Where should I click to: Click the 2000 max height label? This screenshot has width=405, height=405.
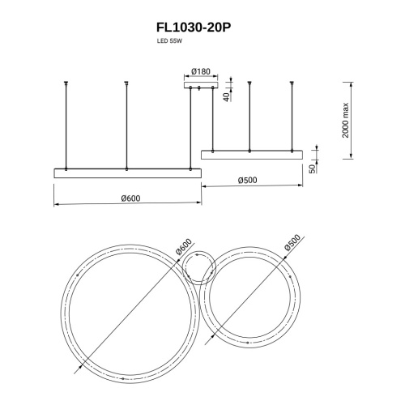pos(346,121)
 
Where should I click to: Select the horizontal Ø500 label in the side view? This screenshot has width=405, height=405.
pos(248,180)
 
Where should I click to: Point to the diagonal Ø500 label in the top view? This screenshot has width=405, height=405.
pos(293,241)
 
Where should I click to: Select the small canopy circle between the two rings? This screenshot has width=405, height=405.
pos(198,267)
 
